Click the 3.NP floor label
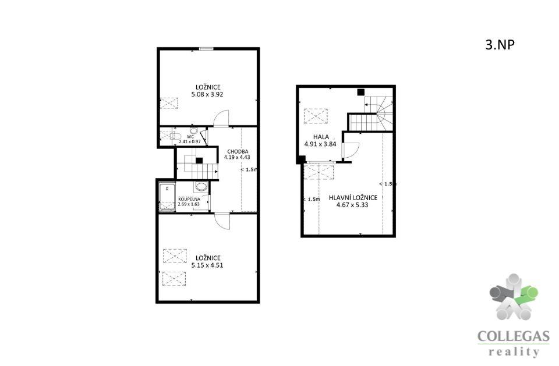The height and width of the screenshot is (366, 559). click(500, 45)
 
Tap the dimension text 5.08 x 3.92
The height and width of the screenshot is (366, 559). click(207, 94)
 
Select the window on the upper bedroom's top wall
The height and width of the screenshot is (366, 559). click(206, 49)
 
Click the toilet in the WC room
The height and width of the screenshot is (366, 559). click(175, 136)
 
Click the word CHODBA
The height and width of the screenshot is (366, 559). click(238, 151)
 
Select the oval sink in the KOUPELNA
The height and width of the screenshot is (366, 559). click(201, 187)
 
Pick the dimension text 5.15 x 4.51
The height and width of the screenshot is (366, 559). click(207, 265)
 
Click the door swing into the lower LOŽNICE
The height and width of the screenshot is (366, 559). click(222, 221)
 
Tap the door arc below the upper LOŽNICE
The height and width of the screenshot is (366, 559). click(221, 118)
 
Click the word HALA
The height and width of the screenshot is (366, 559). click(321, 137)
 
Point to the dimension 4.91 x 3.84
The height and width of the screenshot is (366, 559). click(320, 144)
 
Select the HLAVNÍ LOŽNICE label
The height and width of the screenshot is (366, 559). click(353, 198)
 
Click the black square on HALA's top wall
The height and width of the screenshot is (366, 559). click(361, 92)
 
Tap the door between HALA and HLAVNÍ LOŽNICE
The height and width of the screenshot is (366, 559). click(350, 150)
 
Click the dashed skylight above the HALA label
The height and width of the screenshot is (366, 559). click(316, 116)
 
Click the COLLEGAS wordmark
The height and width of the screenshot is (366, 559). click(513, 336)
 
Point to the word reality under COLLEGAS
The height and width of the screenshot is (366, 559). click(514, 352)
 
